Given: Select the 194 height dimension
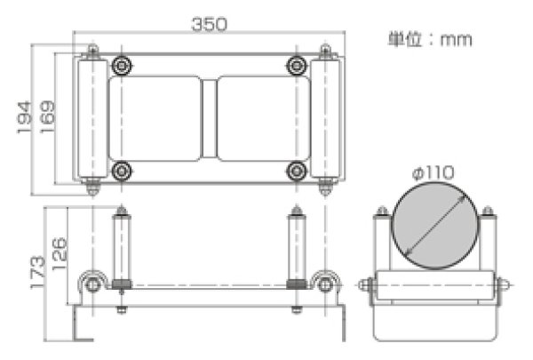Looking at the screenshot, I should click(x=26, y=115).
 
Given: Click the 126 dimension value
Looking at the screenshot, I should click(x=59, y=244).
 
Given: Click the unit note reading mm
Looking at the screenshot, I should click(x=430, y=39).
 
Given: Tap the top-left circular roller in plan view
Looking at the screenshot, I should click(x=122, y=66).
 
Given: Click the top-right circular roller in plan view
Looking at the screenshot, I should click(x=297, y=66).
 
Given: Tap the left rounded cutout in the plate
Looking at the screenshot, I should click(x=155, y=118).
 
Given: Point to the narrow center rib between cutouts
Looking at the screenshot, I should click(x=209, y=118).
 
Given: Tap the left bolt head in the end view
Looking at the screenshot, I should click(x=364, y=286).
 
